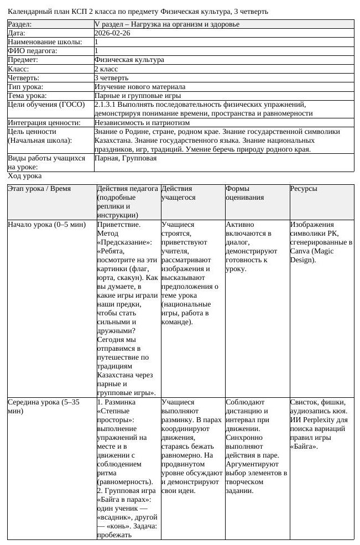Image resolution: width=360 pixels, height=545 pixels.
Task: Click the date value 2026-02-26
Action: [112, 33]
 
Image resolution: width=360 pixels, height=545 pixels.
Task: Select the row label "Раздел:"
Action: [20, 24]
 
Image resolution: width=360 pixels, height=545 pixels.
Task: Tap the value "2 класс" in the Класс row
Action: [107, 69]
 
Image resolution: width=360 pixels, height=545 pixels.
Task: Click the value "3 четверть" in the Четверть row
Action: [111, 78]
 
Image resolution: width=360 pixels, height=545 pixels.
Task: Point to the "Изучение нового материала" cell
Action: [140, 87]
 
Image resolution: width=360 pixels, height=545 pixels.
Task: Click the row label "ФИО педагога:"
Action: [32, 51]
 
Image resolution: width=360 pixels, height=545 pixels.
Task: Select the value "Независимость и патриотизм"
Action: [142, 122]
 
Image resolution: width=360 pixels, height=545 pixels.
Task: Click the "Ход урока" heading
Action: [25, 176]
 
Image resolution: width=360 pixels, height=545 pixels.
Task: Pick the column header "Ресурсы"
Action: [304, 189]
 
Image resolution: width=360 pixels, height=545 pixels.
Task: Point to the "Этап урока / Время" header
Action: [39, 189]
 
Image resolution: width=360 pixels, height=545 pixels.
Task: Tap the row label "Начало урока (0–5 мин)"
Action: [46, 225]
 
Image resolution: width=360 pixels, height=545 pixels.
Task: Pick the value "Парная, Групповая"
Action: [126, 158]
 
